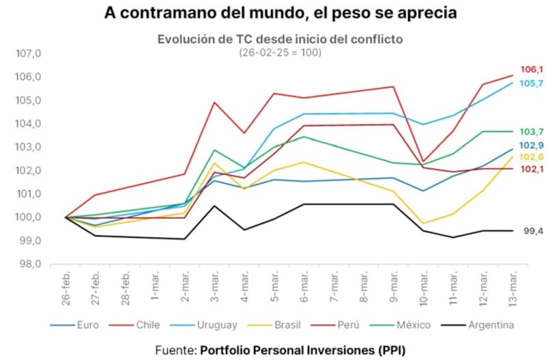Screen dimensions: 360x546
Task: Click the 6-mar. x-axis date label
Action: pos(303,288)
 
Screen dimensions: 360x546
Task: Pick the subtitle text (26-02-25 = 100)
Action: pos(280,52)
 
